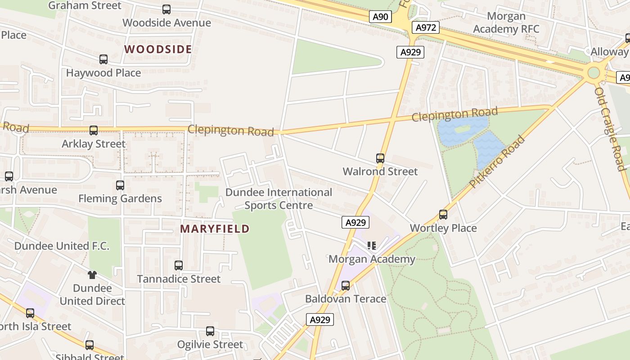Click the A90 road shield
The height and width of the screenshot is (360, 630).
pyautogui.click(x=380, y=17)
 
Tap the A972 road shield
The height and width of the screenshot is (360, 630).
pyautogui.click(x=425, y=28)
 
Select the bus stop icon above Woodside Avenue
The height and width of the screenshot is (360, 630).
pyautogui.click(x=166, y=9)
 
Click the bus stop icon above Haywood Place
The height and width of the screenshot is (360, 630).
pyautogui.click(x=103, y=59)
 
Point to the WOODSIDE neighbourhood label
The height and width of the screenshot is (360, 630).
pyautogui.click(x=158, y=49)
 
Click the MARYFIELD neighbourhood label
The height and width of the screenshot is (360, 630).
pyautogui.click(x=215, y=229)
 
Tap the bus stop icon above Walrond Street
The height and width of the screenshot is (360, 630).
pyautogui.click(x=380, y=158)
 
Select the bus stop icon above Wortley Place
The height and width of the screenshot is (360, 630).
pyautogui.click(x=443, y=215)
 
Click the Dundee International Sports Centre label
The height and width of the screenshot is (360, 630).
pyautogui.click(x=279, y=199)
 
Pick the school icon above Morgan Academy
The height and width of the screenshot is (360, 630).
pyautogui.click(x=372, y=246)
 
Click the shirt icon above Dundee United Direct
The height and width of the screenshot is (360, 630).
pyautogui.click(x=92, y=274)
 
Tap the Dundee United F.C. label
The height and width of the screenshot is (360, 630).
pyautogui.click(x=62, y=246)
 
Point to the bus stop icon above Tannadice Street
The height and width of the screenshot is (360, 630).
pyautogui.click(x=179, y=265)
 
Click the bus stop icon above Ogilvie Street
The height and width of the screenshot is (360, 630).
pyautogui.click(x=210, y=331)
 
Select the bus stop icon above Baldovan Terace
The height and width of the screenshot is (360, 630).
pyautogui.click(x=346, y=285)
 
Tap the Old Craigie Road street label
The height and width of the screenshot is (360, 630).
pyautogui.click(x=610, y=129)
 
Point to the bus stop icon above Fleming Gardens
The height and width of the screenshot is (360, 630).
pyautogui.click(x=120, y=185)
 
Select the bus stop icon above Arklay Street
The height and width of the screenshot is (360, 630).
pyautogui.click(x=94, y=130)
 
